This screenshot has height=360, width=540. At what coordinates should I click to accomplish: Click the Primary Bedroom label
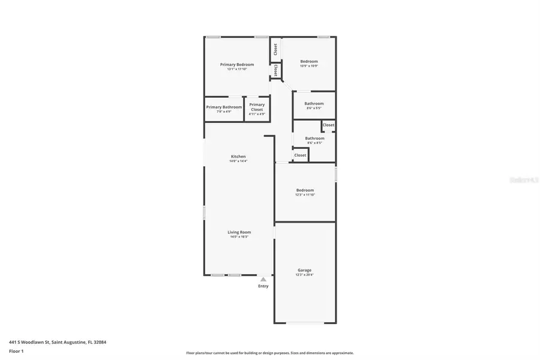237,64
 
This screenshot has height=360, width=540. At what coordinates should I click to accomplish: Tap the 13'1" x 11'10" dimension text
237,70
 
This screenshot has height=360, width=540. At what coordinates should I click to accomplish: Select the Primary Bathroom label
224,107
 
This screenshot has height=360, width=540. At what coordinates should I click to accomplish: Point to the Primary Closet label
257,107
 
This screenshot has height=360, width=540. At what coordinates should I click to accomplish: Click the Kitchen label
238,156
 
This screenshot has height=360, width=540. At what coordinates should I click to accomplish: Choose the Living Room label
239,232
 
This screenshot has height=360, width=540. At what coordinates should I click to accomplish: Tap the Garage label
305,270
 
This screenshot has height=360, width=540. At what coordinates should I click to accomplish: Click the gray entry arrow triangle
263,279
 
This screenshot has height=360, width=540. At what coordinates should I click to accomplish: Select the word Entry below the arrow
263,286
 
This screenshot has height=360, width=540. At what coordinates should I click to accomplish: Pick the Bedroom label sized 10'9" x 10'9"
309,61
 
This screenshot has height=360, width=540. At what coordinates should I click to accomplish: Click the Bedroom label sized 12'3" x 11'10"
305,190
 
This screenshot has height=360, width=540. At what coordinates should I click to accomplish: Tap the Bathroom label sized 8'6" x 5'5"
314,103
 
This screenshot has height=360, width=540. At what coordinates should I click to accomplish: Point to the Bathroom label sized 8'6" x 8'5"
314,138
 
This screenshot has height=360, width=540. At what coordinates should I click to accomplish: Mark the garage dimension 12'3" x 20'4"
305,275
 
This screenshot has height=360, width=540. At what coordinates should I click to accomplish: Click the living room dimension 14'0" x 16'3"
239,237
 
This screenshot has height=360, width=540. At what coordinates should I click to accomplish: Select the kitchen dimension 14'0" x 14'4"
238,161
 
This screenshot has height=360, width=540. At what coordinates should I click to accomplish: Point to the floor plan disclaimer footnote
269,353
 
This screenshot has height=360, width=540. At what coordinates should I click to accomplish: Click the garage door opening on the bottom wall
305,323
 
